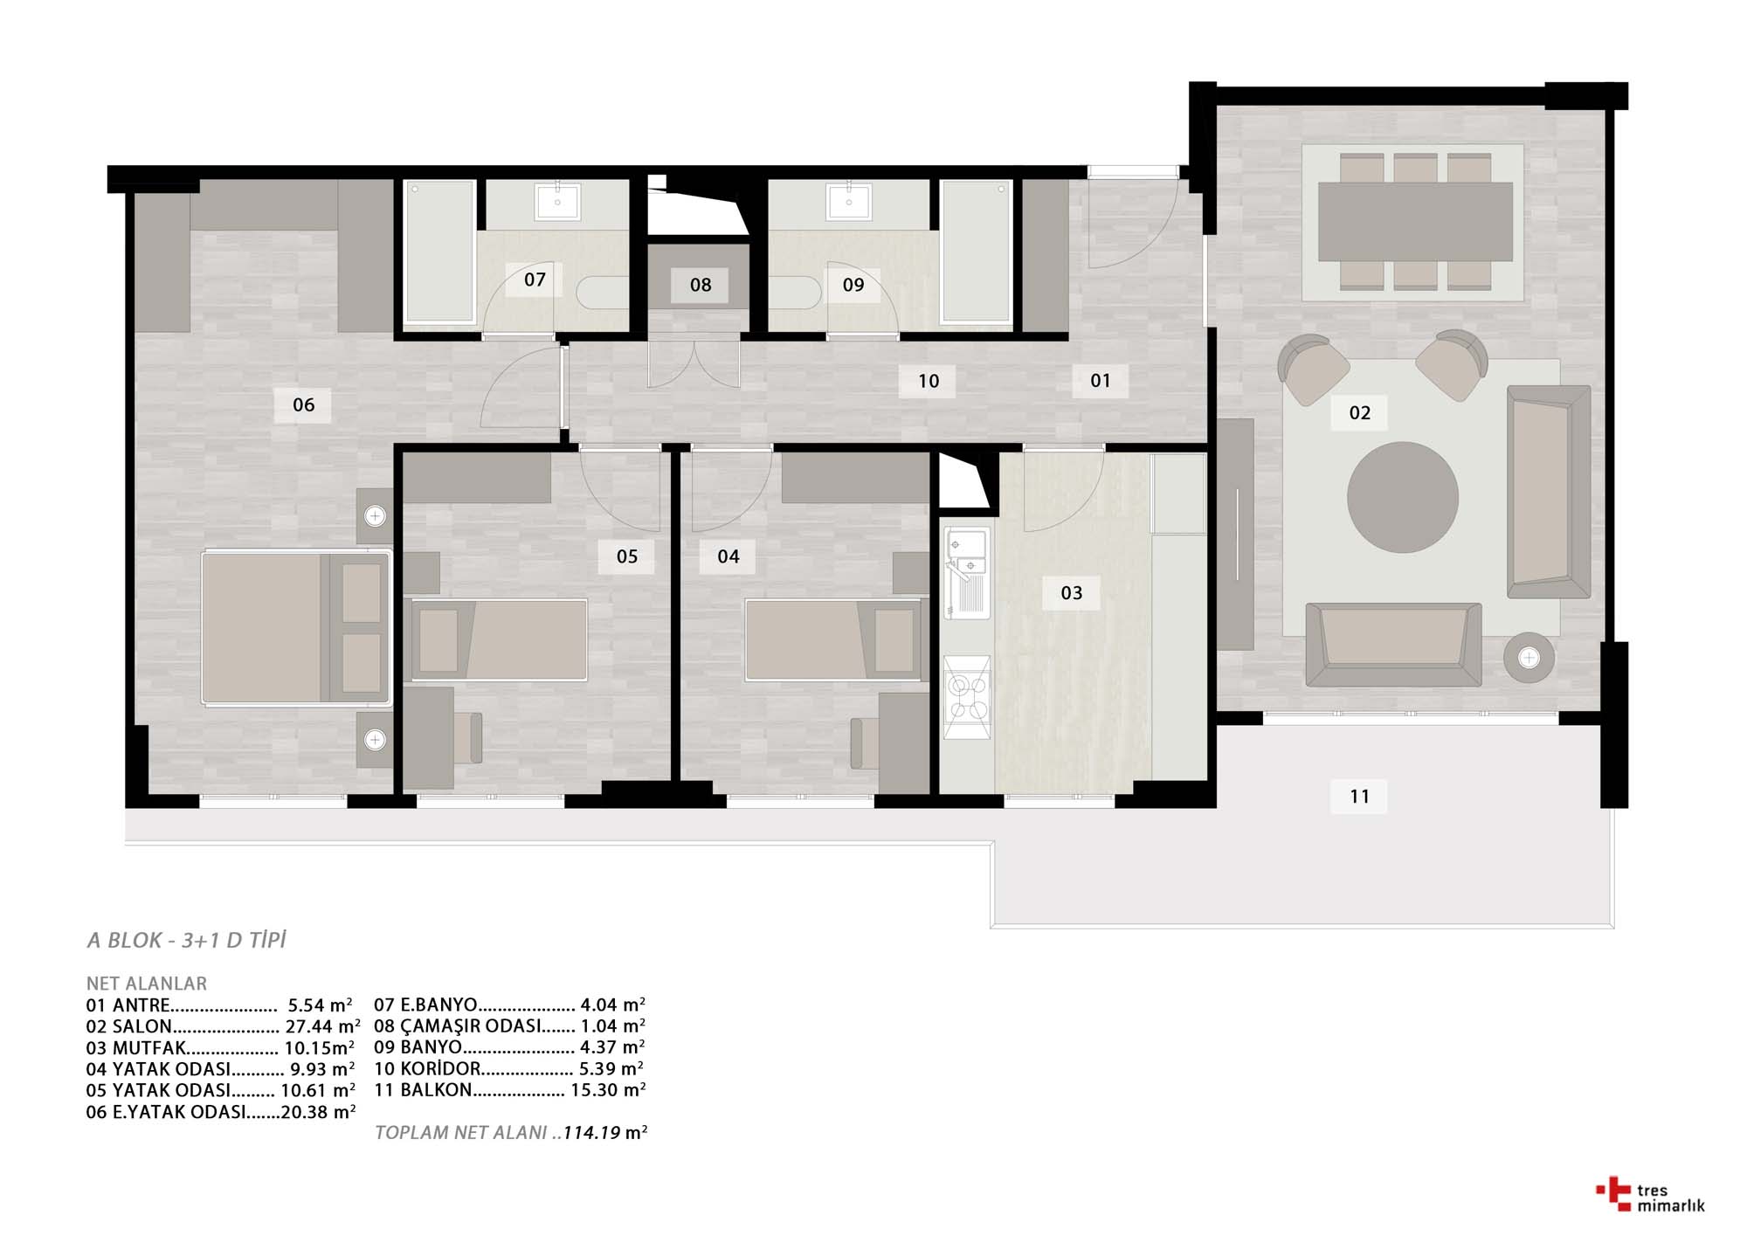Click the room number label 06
click(303, 405)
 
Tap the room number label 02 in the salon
click(1359, 413)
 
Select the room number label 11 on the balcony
click(1359, 797)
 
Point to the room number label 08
click(700, 285)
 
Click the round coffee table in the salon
click(1402, 497)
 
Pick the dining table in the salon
click(1415, 222)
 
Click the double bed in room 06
click(296, 627)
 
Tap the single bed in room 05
click(498, 639)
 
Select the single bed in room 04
click(834, 639)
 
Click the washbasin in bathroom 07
click(556, 202)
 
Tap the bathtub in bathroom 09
click(976, 252)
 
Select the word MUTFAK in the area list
click(149, 1048)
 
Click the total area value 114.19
click(591, 1133)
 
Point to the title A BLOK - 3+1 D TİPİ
click(187, 941)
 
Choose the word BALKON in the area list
click(436, 1090)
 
